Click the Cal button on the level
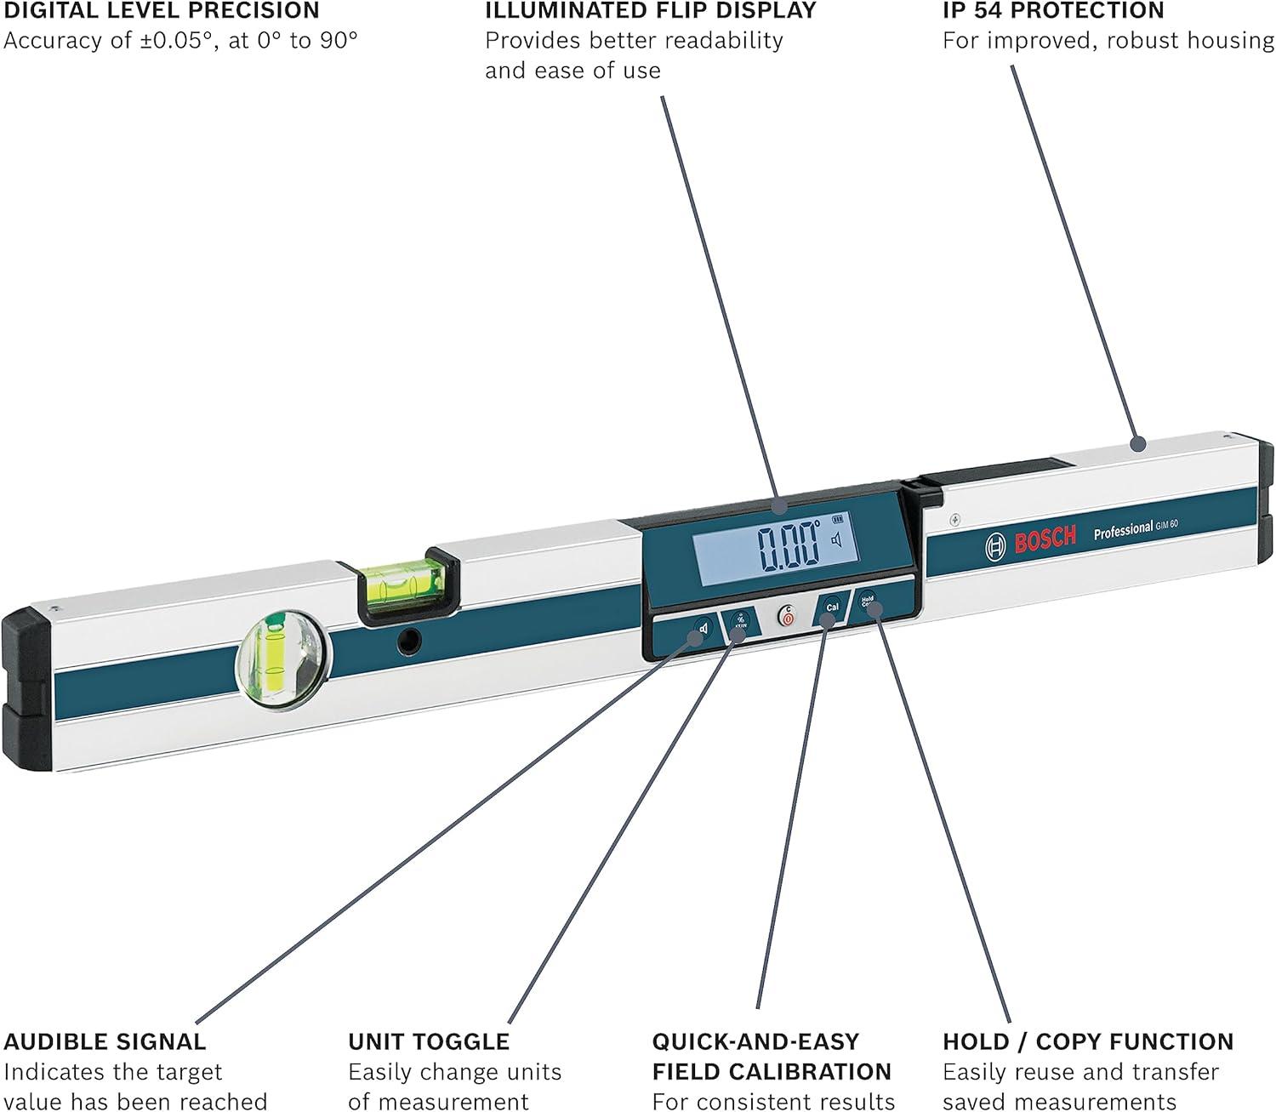[x=831, y=607]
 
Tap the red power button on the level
[x=788, y=616]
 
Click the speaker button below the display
[x=701, y=630]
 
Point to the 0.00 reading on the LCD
[x=788, y=546]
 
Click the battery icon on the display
[x=839, y=517]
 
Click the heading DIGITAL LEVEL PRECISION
[x=162, y=11]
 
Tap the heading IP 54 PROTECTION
[x=1053, y=11]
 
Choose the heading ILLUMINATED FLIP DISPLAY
[x=651, y=11]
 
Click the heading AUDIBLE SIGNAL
[x=105, y=1041]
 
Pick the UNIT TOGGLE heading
[x=429, y=1041]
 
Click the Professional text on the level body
[x=1123, y=531]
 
